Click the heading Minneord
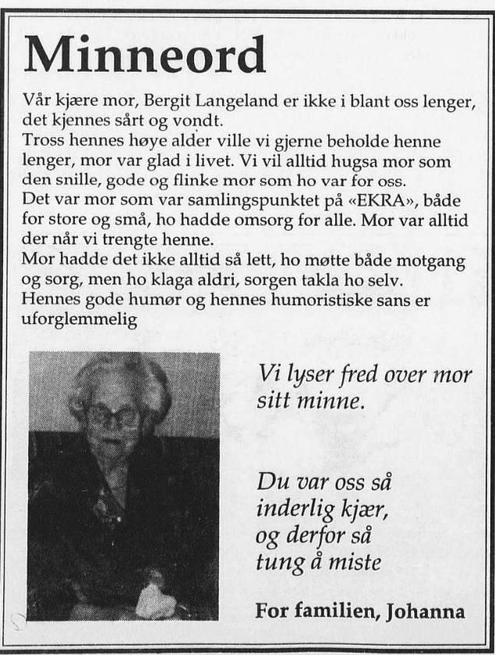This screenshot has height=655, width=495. (x=145, y=55)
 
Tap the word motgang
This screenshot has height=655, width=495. (x=436, y=263)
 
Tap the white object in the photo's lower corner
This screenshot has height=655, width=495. (x=157, y=599)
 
